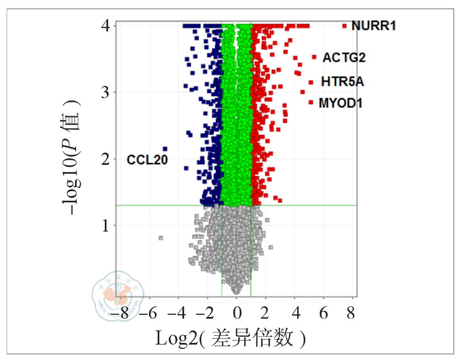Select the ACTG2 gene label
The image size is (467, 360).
[x=344, y=57]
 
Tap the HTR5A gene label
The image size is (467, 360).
[x=342, y=82]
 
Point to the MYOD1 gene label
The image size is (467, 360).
[x=340, y=103]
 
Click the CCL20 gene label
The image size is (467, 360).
[x=147, y=160]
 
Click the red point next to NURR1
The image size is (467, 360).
[x=345, y=26]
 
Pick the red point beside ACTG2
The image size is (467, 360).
[x=314, y=57]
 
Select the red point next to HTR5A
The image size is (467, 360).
[x=311, y=82]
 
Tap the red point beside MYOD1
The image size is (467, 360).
[x=311, y=102]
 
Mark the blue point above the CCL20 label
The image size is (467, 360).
[x=165, y=149]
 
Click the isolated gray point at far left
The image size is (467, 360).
[x=161, y=238]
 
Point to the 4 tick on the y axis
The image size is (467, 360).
[x=105, y=26]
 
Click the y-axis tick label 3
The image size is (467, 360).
[x=105, y=92]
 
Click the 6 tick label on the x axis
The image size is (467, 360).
[x=324, y=313]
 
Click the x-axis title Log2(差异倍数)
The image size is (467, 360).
[x=230, y=338]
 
